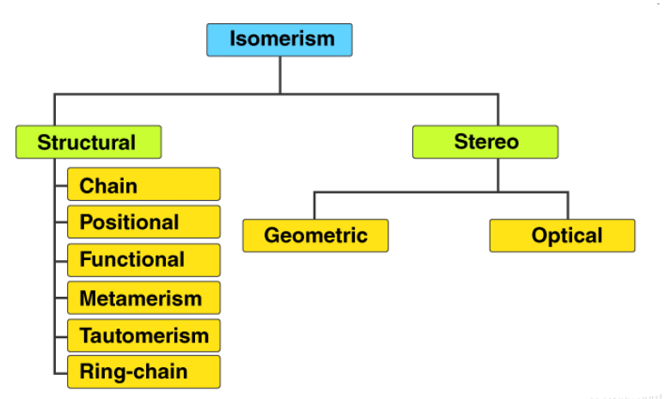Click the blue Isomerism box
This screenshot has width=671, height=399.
(279, 39)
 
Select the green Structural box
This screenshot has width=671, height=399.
(88, 142)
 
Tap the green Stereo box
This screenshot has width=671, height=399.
(485, 142)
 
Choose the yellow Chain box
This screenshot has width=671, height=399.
(143, 184)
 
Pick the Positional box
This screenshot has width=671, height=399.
(143, 221)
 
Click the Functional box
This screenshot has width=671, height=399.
(143, 260)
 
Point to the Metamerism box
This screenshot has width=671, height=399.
(143, 298)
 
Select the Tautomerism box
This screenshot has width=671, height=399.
(143, 336)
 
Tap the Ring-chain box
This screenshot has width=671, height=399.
(143, 372)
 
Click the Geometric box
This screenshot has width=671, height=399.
(315, 235)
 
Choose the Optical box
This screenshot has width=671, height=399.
(562, 235)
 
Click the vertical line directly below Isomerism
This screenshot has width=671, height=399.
(280, 75)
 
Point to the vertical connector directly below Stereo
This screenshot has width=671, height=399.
(498, 175)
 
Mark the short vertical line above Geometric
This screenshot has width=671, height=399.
(314, 205)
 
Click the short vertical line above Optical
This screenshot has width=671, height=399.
(568, 205)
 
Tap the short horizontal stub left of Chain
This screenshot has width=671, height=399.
(61, 185)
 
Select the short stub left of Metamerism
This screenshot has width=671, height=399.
(61, 298)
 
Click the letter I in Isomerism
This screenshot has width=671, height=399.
(233, 39)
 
